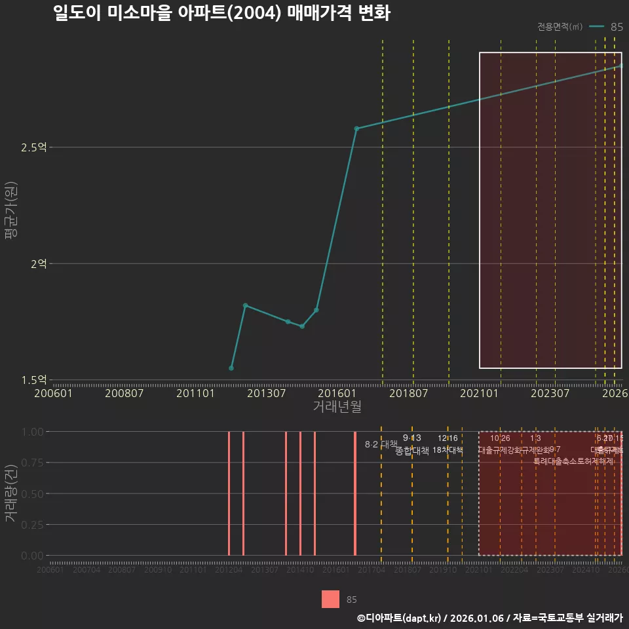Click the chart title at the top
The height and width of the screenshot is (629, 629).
[x=221, y=13]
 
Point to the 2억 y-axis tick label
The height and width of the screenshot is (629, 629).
[x=38, y=263]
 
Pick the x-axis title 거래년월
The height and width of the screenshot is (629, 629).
[x=337, y=406]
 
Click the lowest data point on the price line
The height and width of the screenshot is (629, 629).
[x=231, y=368]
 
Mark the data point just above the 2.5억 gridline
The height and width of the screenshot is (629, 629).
[x=356, y=128]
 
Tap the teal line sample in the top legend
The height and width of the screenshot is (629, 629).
[x=596, y=27]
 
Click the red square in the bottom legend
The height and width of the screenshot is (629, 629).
[x=331, y=599]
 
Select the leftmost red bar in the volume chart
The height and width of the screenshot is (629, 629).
[x=229, y=493]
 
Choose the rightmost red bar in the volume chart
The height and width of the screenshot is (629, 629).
[x=355, y=493]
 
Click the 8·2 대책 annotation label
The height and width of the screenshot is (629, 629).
[x=381, y=444]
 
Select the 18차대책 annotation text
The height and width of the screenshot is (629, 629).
[x=448, y=450]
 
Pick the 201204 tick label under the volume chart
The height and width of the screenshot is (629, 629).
[x=229, y=570]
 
